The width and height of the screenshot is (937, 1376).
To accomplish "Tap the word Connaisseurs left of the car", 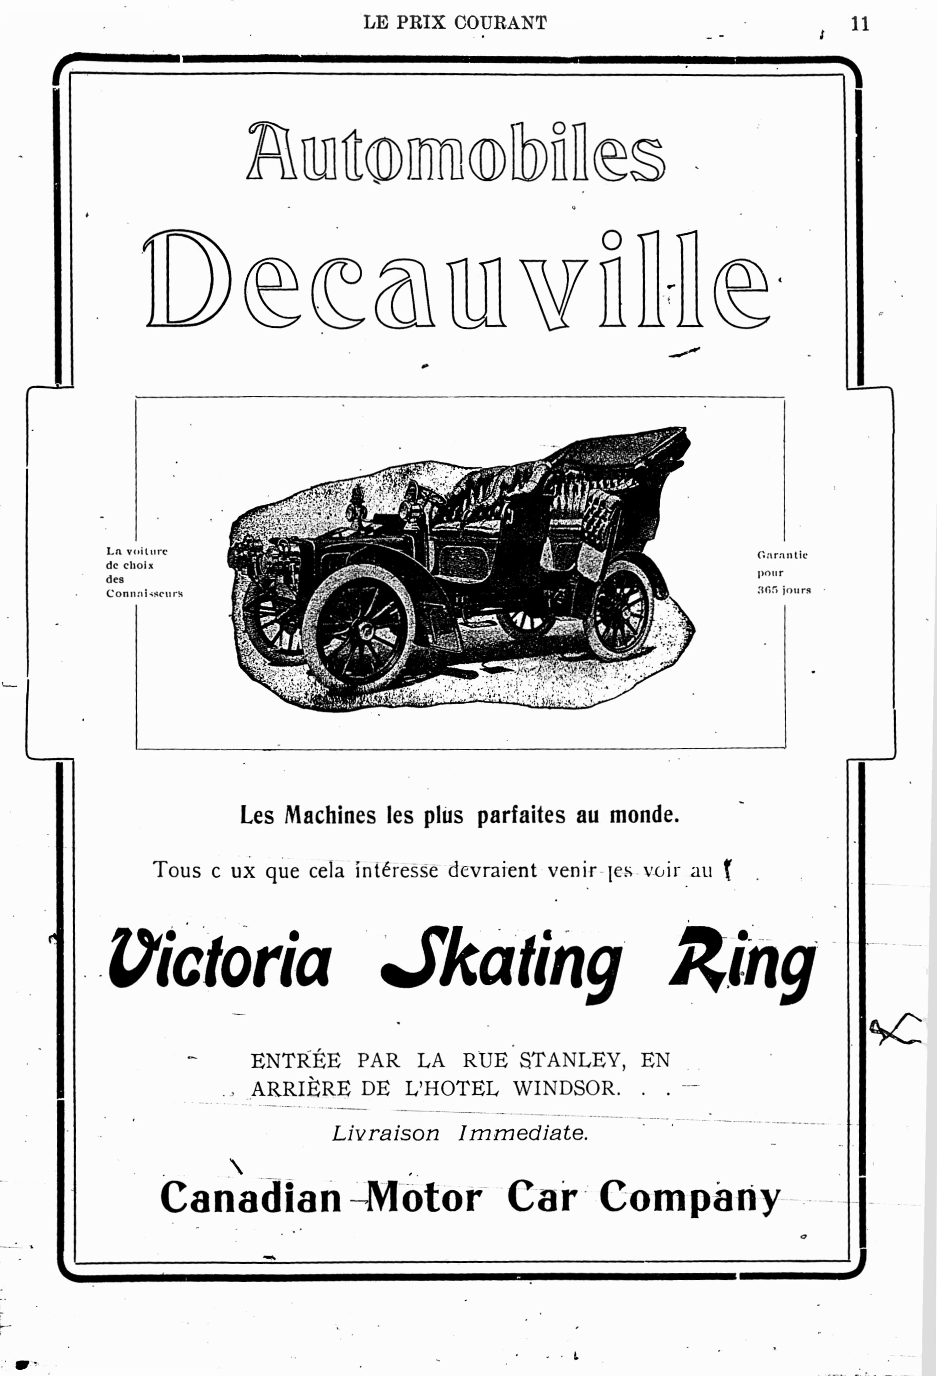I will (x=145, y=593).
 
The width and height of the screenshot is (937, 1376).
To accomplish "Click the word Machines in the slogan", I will (x=330, y=815).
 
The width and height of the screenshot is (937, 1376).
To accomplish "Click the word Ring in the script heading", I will (x=742, y=962).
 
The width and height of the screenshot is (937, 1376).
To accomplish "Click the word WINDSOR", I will (x=566, y=1088).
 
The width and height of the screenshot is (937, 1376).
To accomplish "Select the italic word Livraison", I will (x=385, y=1133).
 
